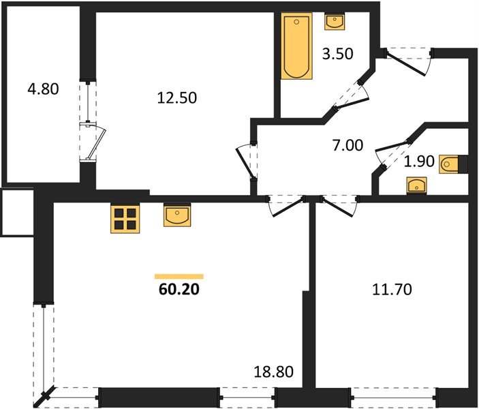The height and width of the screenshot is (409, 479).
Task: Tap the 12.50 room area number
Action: (176, 97)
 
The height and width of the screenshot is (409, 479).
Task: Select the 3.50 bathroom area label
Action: (337, 55)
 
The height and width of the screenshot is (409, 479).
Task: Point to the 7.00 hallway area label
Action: (347, 145)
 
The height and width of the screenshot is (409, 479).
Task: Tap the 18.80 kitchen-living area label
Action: (274, 372)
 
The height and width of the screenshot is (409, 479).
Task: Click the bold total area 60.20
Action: (179, 289)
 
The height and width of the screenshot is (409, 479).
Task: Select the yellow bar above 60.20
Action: (179, 276)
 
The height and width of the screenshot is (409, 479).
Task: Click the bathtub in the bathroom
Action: (296, 47)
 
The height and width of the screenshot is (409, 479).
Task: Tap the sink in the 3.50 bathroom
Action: (335, 22)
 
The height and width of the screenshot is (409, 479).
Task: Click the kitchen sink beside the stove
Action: (177, 216)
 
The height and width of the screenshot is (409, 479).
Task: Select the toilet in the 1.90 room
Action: (454, 164)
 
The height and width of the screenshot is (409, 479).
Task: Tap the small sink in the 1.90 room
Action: (415, 185)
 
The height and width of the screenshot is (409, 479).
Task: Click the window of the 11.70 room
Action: (393, 394)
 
